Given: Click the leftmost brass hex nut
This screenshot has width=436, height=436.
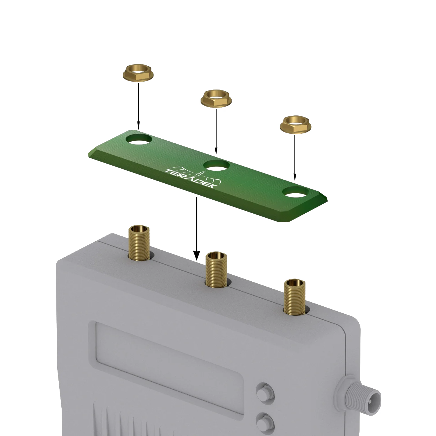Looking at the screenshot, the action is click(x=138, y=74).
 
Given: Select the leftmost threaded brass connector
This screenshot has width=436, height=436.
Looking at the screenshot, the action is click(x=139, y=243).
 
